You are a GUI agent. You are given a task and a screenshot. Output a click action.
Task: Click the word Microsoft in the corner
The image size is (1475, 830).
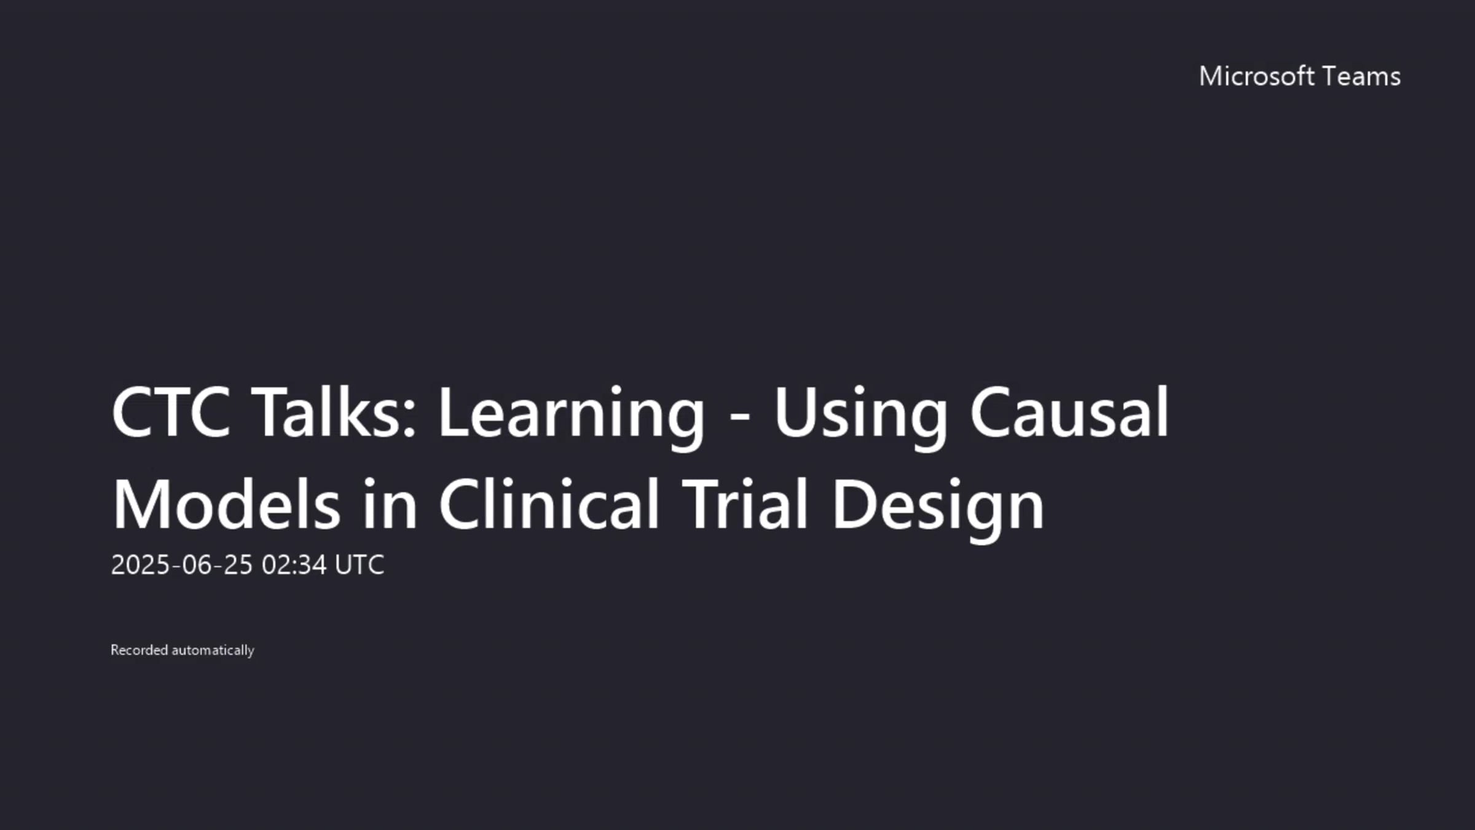click(1256, 76)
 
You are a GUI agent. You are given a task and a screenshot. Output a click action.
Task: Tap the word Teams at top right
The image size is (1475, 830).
click(1361, 76)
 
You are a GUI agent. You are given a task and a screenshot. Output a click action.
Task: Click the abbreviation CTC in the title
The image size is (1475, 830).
click(171, 412)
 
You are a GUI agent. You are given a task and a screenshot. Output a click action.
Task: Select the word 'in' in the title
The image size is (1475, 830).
click(390, 504)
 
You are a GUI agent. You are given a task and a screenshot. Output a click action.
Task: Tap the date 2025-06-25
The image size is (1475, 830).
click(182, 564)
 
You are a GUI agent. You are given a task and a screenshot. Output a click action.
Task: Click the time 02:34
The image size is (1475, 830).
click(294, 564)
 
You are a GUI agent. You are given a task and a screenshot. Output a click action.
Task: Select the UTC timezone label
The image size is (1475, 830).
click(360, 564)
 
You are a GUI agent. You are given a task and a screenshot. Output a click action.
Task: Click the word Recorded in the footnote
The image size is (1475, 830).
click(139, 650)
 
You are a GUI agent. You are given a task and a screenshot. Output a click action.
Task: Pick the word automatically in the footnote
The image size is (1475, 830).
click(213, 651)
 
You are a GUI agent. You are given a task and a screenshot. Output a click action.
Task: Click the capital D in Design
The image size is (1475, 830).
click(855, 504)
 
